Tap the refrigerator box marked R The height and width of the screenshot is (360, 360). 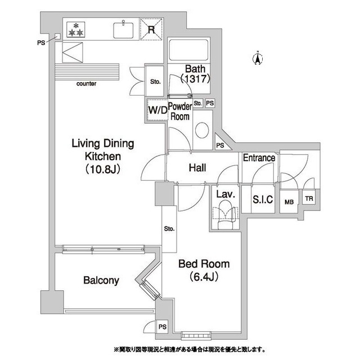pos(151,28)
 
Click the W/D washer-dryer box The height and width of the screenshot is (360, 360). pos(157,110)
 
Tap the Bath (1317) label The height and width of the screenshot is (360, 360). pos(195,74)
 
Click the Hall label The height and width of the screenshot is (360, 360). pos(196,168)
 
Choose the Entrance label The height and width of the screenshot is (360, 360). pos(259,158)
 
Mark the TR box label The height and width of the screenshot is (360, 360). pos(308,199)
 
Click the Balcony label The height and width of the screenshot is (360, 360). pos(101,280)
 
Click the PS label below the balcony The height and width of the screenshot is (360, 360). pos(163,327)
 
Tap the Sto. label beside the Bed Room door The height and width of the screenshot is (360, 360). pos(169,229)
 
